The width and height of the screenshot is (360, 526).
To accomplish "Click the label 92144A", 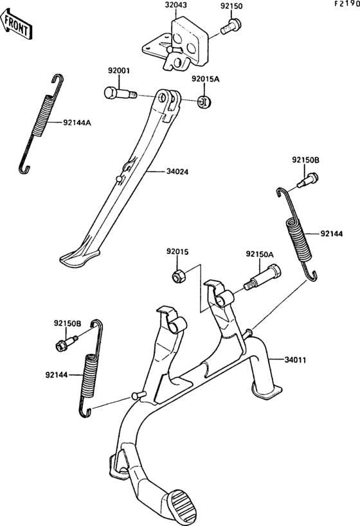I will tap(76, 122).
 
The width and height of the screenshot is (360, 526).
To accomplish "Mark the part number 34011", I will tap(297, 360).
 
